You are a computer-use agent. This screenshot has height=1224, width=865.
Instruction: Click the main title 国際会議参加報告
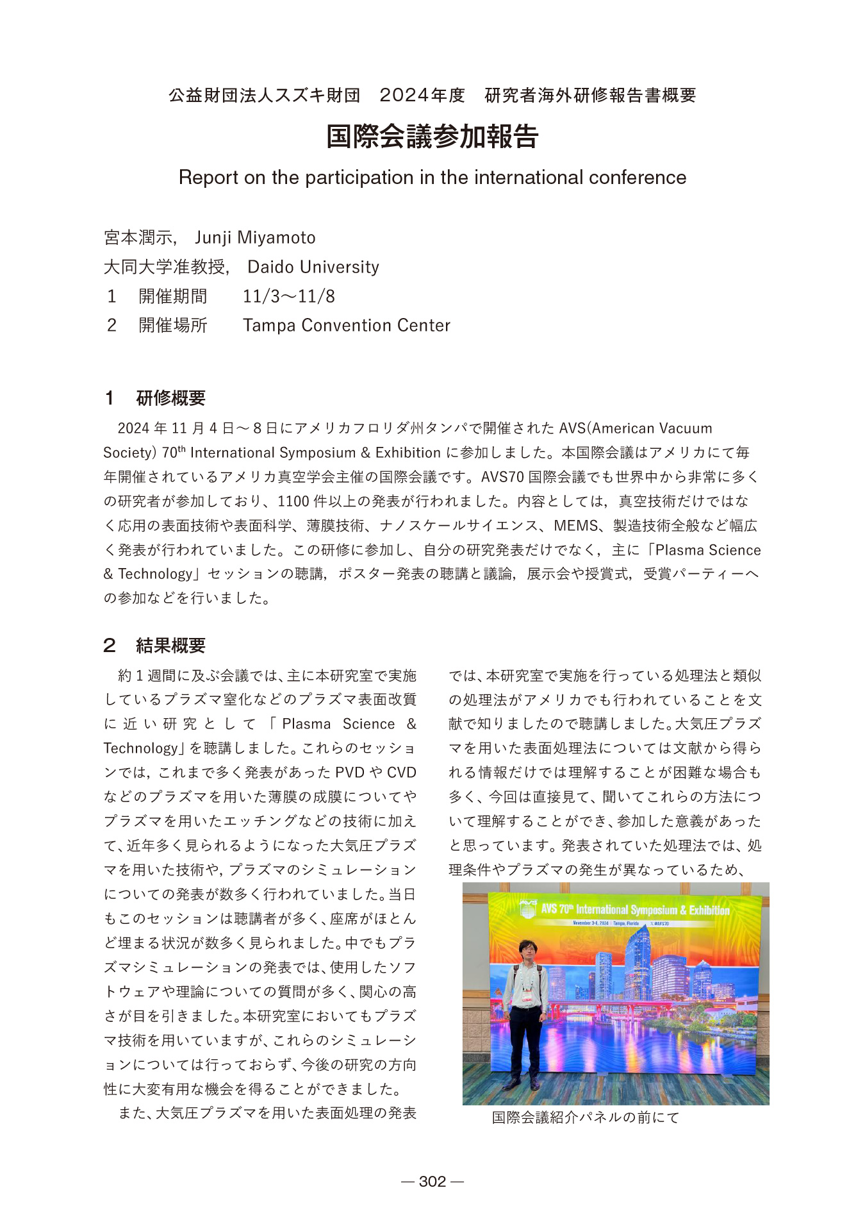[x=432, y=137]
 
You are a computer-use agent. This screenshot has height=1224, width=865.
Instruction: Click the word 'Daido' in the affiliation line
[x=270, y=267]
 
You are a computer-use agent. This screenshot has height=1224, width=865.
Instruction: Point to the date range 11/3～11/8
[x=288, y=296]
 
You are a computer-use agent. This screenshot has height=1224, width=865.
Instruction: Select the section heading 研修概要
[x=170, y=398]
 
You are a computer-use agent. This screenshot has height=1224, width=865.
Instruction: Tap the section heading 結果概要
[x=170, y=645]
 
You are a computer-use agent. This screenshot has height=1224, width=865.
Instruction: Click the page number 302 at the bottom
[x=432, y=1181]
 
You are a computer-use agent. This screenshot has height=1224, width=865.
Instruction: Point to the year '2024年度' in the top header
[x=422, y=96]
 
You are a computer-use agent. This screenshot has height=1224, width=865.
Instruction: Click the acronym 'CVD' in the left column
[x=401, y=773]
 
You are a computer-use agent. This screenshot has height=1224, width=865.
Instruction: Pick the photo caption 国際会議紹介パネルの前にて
[x=585, y=1118]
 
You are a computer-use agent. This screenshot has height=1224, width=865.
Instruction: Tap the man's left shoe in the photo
[x=535, y=1084]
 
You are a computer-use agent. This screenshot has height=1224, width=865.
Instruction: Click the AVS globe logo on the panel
[x=527, y=908]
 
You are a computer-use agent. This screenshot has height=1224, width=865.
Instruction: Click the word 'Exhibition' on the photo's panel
[x=709, y=910]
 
